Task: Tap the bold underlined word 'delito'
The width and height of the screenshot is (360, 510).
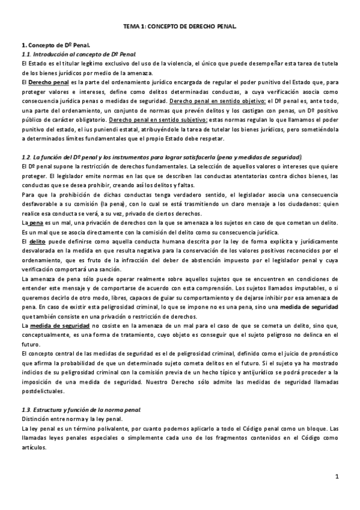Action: point(38,241)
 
